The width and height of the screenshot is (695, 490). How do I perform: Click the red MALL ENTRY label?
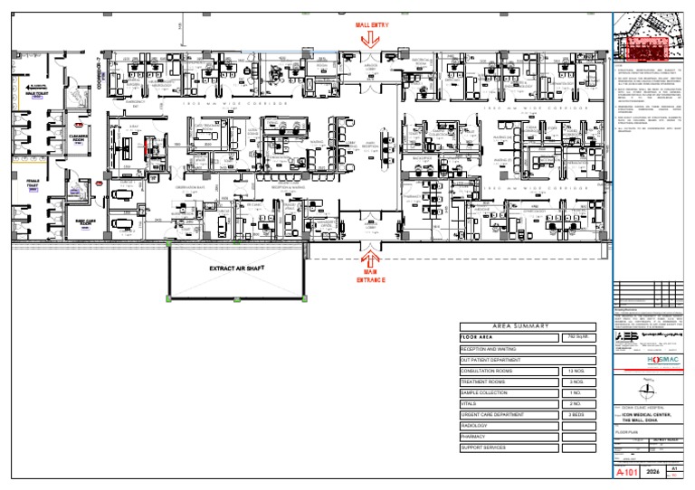[x=372, y=25]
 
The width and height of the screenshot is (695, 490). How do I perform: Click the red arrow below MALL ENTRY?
[x=373, y=38]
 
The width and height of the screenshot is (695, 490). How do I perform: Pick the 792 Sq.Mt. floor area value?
[x=579, y=337]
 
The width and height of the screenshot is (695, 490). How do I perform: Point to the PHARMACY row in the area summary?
[x=474, y=436]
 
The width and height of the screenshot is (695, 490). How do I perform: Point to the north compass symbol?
[x=646, y=391]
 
